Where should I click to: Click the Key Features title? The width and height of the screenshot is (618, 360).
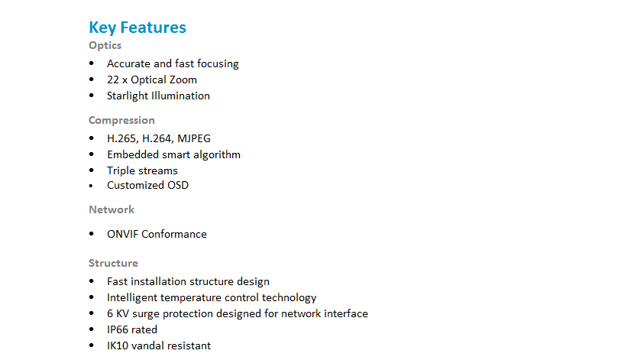point(138,28)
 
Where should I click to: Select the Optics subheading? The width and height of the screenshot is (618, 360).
point(105,46)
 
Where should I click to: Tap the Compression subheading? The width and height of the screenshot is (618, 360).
point(121,120)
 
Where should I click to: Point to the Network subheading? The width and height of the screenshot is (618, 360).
point(112,209)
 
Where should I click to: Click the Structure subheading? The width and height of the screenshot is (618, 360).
point(113,263)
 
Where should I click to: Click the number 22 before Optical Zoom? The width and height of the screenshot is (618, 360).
point(113,79)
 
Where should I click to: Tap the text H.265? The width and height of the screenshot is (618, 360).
point(122,139)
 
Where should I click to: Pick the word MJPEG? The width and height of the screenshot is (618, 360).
point(194,139)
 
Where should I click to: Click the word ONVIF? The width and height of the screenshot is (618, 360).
point(123,234)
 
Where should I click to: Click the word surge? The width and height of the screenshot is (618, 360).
point(146,314)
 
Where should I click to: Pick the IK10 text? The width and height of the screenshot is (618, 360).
point(118,345)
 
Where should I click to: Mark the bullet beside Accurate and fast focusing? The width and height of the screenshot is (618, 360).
point(92,63)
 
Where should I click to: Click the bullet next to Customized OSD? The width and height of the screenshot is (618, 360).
point(91,185)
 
